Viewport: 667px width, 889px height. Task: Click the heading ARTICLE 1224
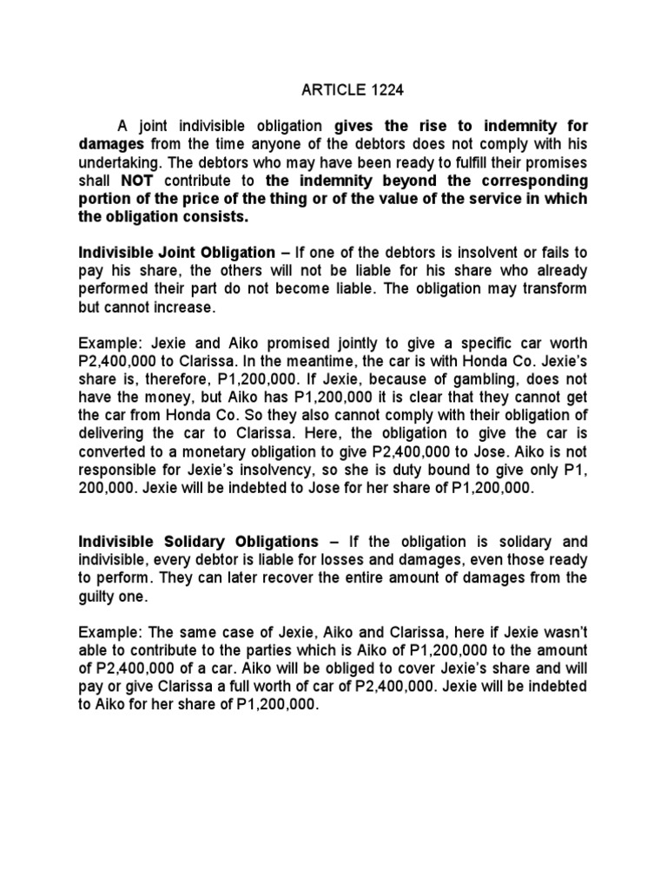click(x=333, y=89)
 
